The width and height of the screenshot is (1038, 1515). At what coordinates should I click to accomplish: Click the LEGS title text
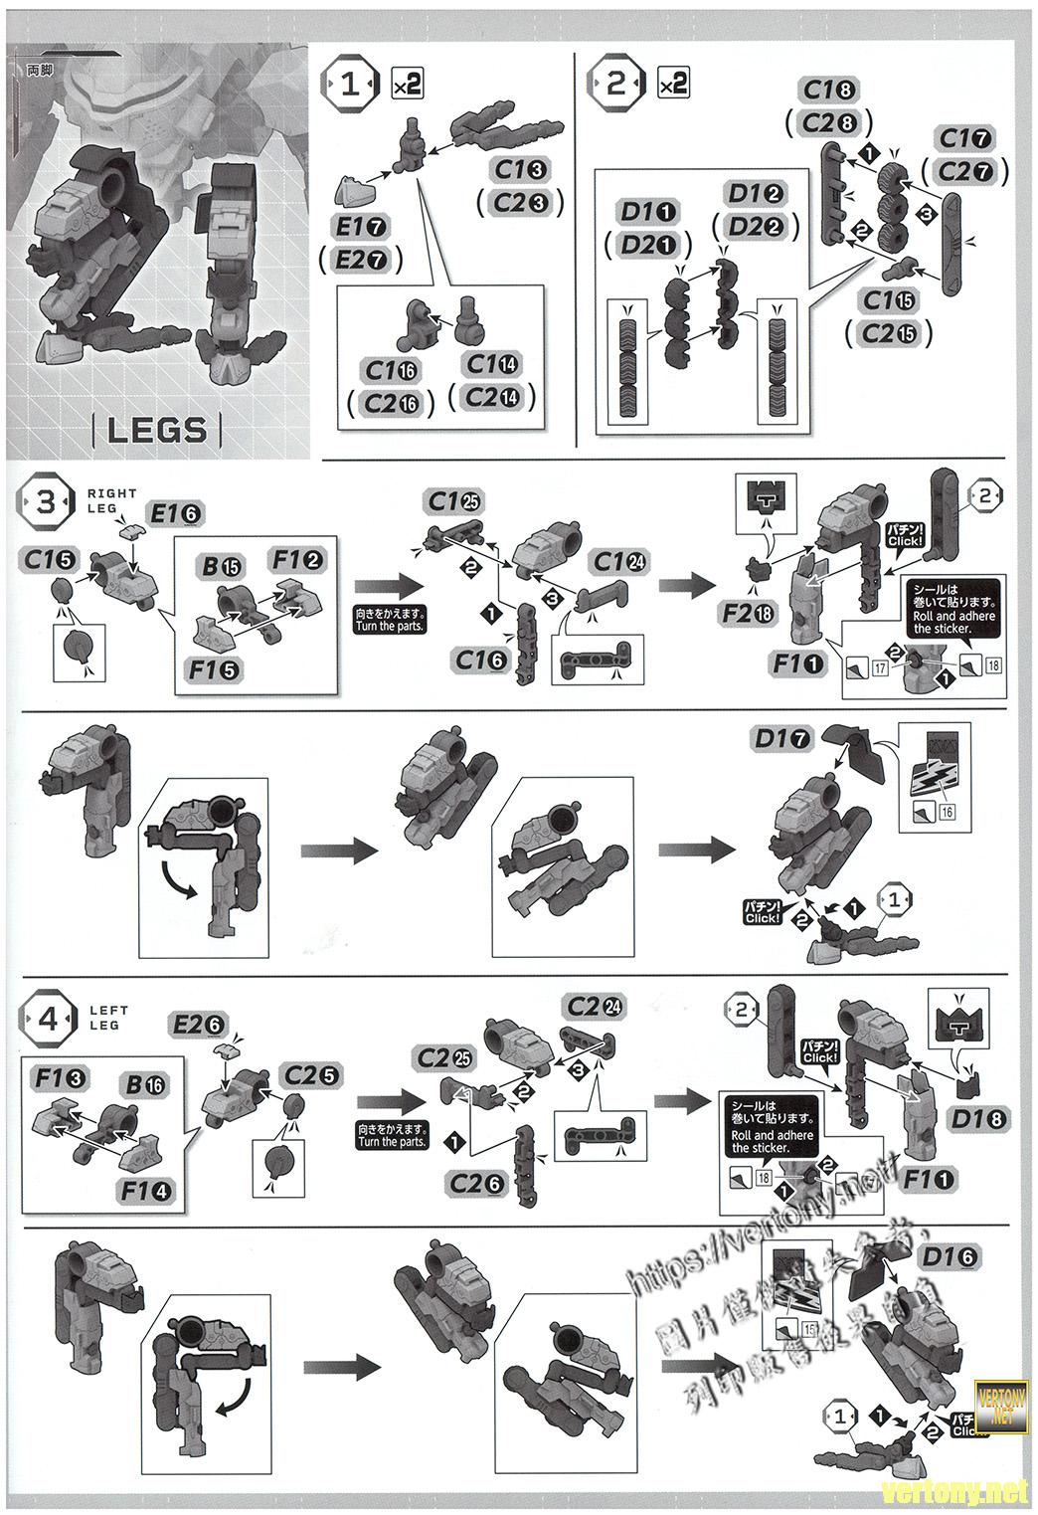click(x=157, y=430)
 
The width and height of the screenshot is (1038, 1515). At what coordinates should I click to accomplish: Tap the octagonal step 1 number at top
click(x=351, y=85)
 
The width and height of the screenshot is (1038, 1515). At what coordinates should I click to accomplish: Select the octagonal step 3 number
click(x=47, y=502)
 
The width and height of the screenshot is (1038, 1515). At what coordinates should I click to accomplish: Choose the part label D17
click(x=782, y=738)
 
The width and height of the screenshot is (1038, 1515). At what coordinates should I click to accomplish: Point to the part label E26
click(x=199, y=1024)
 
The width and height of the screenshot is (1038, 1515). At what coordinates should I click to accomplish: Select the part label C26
click(x=479, y=1183)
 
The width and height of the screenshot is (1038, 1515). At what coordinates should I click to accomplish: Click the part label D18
click(x=978, y=1118)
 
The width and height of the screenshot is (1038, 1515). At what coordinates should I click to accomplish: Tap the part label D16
click(x=949, y=1257)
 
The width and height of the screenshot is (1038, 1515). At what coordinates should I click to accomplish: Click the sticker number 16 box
click(x=947, y=813)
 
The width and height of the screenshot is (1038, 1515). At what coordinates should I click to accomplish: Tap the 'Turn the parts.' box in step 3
click(x=390, y=621)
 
